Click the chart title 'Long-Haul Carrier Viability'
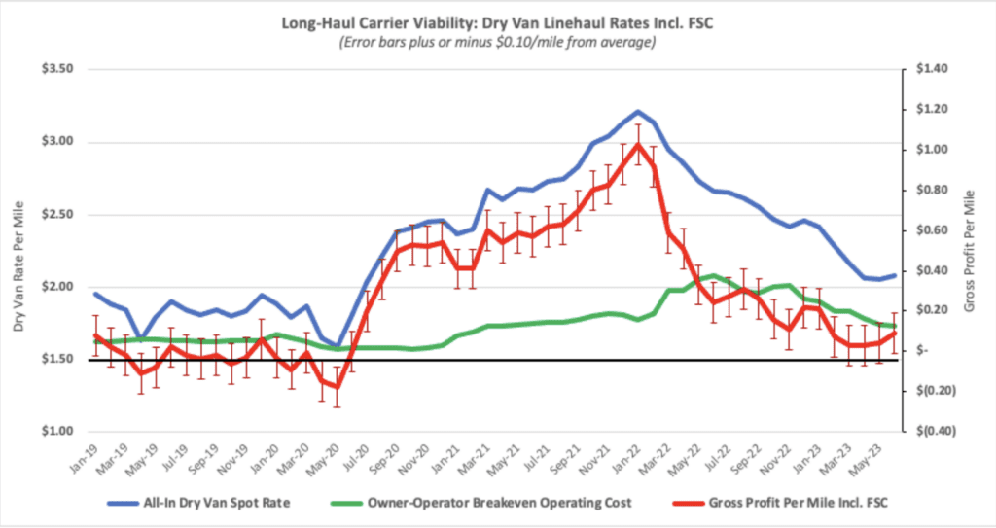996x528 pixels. click(x=498, y=22)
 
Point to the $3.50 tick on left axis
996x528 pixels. click(x=63, y=70)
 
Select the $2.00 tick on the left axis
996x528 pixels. click(x=63, y=287)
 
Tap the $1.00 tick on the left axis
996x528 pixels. click(x=63, y=431)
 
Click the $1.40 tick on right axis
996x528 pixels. click(x=927, y=70)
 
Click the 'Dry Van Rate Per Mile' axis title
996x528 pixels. click(x=18, y=251)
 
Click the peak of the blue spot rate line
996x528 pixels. click(x=638, y=111)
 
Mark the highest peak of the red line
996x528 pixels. click(x=638, y=144)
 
